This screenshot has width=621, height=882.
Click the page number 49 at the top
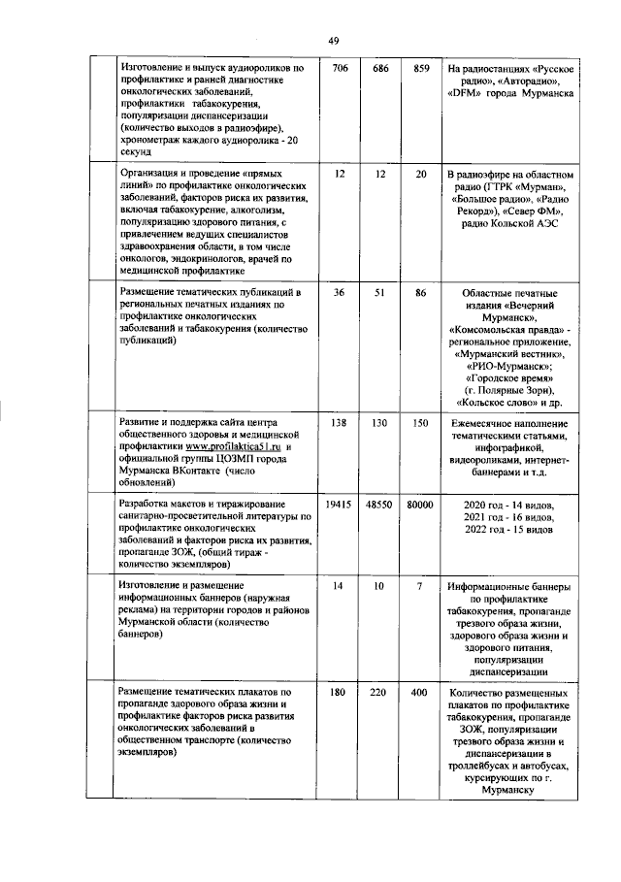pyautogui.click(x=333, y=40)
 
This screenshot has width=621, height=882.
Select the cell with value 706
pyautogui.click(x=339, y=70)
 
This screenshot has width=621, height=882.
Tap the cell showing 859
pyautogui.click(x=420, y=70)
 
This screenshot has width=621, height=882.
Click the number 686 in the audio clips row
pyautogui.click(x=379, y=70)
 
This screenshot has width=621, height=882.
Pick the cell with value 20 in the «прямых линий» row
pyautogui.click(x=420, y=174)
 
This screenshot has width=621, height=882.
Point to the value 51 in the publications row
pyautogui.click(x=379, y=292)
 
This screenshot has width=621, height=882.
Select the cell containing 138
pyautogui.click(x=339, y=424)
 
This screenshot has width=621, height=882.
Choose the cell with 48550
pyautogui.click(x=379, y=506)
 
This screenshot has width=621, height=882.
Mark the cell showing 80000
pyautogui.click(x=420, y=506)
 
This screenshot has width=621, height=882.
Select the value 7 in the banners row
pyautogui.click(x=420, y=587)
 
